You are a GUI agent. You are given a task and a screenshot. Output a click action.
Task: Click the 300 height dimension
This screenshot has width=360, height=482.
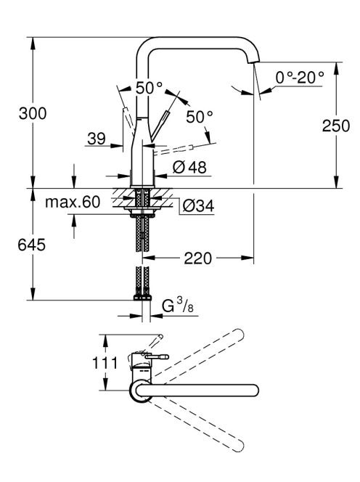point(33,113)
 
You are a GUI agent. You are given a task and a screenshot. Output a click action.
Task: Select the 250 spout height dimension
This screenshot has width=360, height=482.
point(336,126)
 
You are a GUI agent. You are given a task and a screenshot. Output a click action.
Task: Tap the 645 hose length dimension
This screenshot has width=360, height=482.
point(32,245)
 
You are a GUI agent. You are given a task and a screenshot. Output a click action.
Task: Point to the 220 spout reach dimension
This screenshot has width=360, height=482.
point(197,258)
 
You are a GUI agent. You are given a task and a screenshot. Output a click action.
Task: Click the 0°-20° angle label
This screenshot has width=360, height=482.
point(300,77)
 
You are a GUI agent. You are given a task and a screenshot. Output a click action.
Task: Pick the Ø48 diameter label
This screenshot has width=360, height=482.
point(189,167)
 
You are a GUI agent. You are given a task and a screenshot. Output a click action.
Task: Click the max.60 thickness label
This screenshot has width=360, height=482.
point(73,203)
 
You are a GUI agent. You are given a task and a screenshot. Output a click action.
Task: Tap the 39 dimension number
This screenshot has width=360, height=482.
point(97,139)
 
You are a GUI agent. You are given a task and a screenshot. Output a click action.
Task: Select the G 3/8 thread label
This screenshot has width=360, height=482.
point(178,306)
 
